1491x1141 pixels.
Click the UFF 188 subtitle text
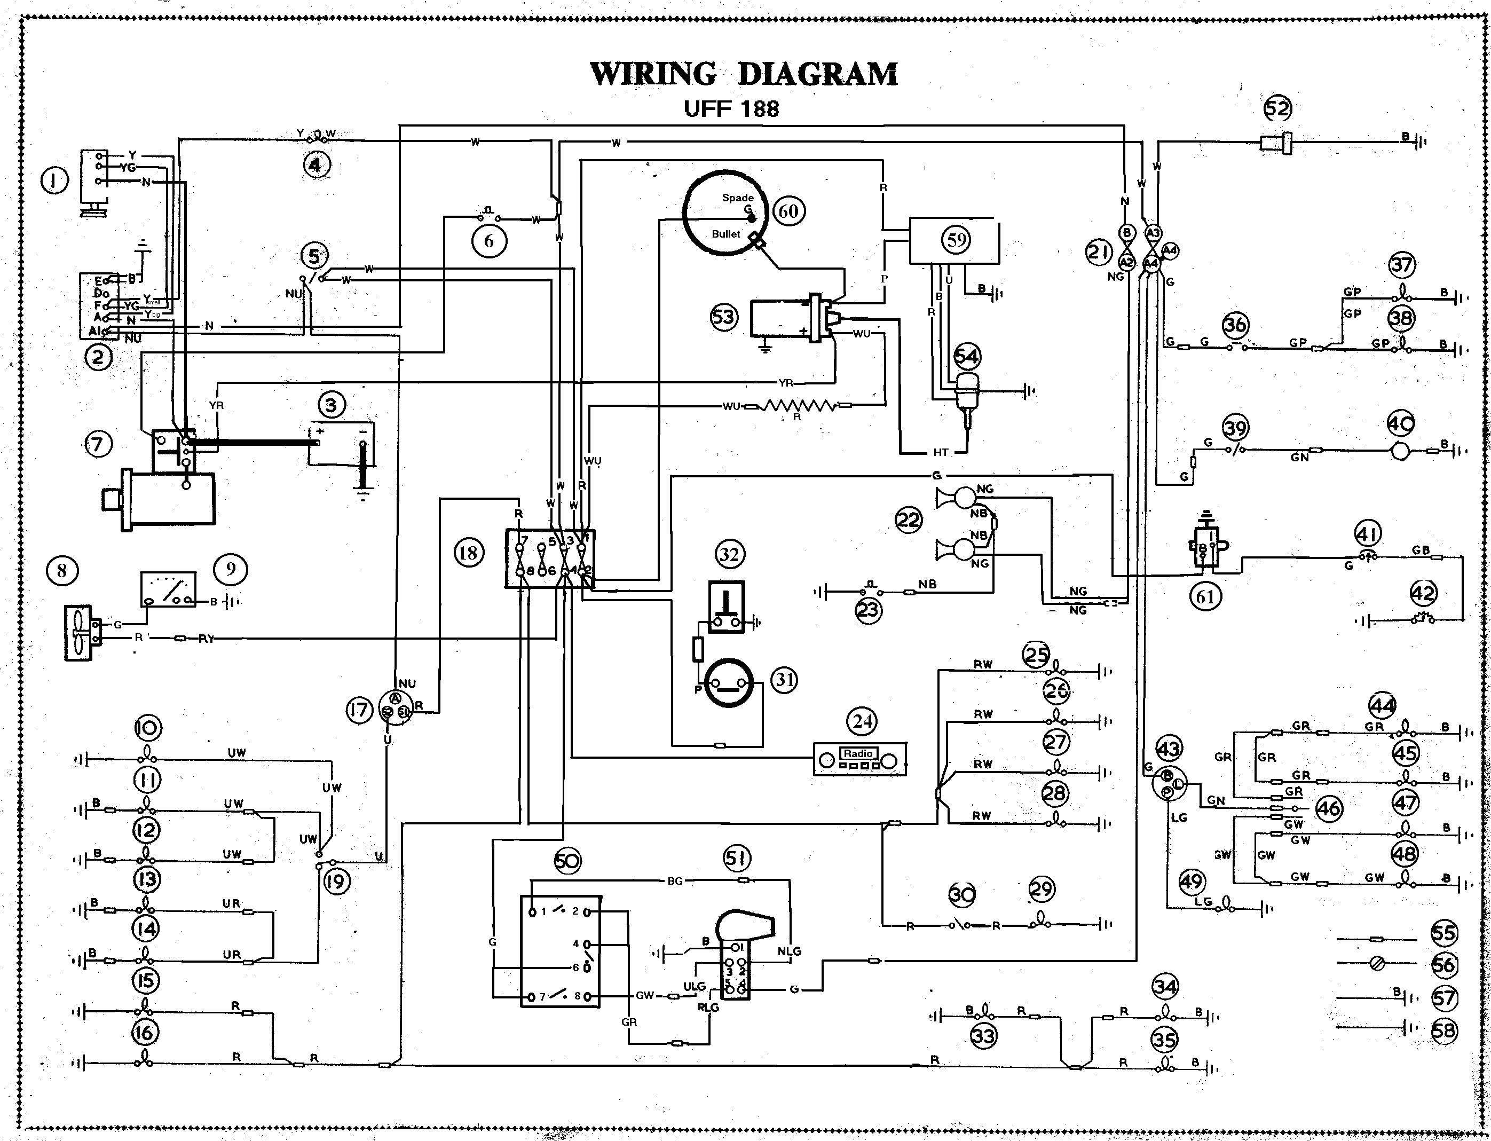[731, 109]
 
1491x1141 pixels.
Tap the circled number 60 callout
[787, 211]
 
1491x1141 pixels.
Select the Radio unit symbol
[859, 759]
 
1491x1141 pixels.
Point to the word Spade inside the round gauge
[737, 198]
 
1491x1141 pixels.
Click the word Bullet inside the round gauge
[726, 234]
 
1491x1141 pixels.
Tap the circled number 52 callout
[1277, 108]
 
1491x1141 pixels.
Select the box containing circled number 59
[954, 240]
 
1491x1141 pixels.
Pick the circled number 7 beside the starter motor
[98, 444]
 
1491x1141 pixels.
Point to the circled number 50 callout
[567, 861]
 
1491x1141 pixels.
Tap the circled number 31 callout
[784, 679]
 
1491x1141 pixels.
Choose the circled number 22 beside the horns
[909, 520]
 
